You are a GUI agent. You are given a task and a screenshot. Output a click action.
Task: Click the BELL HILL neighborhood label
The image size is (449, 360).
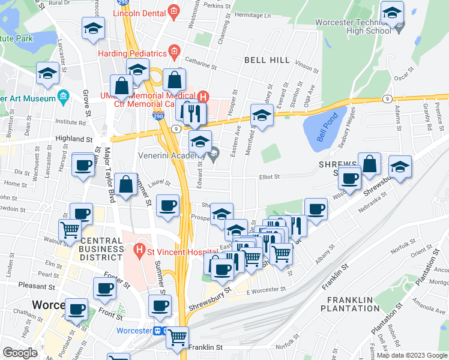267,61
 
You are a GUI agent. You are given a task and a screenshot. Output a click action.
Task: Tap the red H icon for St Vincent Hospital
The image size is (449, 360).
140,248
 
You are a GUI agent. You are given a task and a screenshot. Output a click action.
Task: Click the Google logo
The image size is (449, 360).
20,353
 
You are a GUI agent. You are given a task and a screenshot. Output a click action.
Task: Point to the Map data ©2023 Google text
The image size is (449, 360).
411,355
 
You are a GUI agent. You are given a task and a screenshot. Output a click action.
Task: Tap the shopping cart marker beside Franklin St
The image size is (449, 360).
177,337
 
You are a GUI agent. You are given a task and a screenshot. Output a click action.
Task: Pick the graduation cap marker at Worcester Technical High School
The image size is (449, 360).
392,13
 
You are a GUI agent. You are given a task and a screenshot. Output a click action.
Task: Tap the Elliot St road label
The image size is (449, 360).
270,176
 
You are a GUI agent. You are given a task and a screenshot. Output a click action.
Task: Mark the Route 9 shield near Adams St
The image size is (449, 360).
388,98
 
